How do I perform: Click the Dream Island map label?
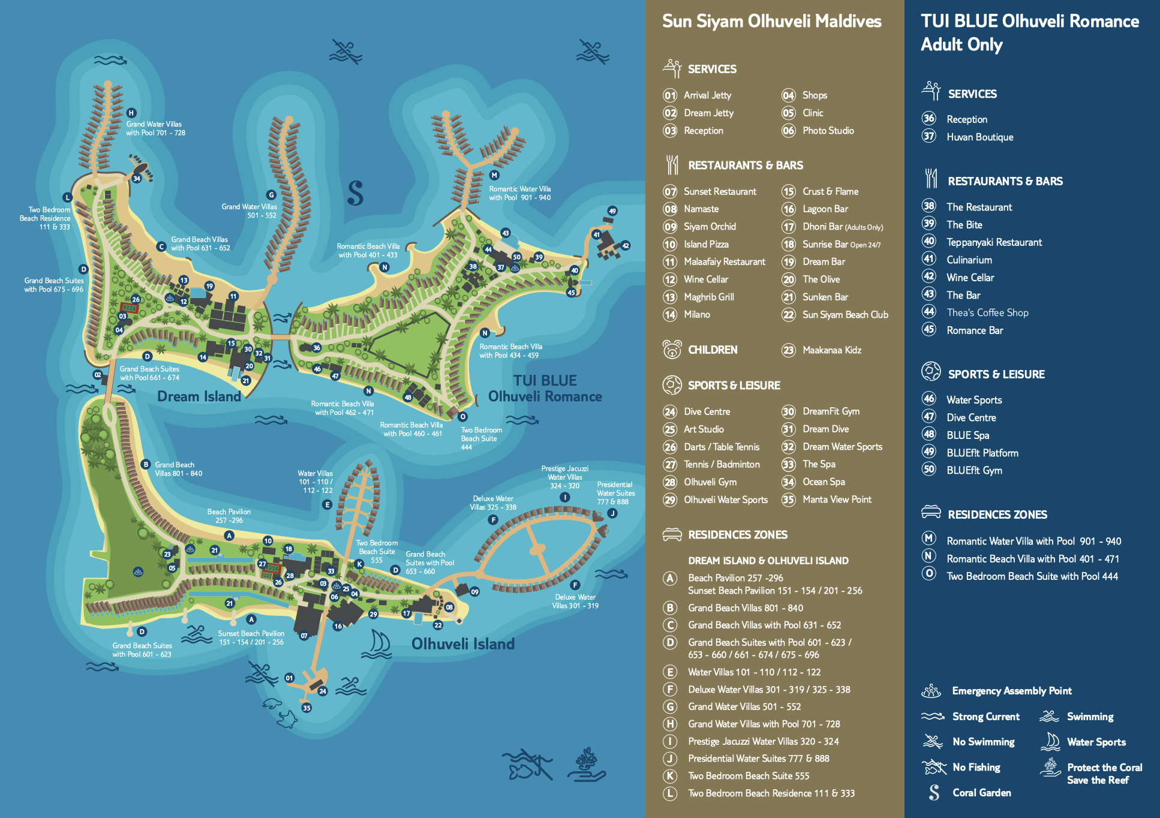(x=199, y=396)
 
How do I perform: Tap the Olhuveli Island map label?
(x=462, y=644)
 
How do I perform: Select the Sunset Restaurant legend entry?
(x=720, y=191)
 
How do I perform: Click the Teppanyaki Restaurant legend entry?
(x=994, y=242)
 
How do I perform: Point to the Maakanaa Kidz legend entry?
(x=831, y=350)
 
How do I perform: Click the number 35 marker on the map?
(x=306, y=708)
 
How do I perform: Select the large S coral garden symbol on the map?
(x=355, y=193)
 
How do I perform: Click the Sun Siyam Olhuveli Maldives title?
(x=771, y=22)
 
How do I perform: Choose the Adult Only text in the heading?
(x=961, y=45)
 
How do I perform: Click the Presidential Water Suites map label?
(x=615, y=493)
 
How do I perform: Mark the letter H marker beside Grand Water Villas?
(x=131, y=113)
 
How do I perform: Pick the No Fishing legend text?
(x=976, y=767)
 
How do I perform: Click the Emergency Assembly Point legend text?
(x=1011, y=691)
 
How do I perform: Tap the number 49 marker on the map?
(x=612, y=211)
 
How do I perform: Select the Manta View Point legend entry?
(x=837, y=500)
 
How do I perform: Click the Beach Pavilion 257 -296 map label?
(x=229, y=516)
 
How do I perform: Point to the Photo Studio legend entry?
(x=828, y=131)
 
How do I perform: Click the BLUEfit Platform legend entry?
(x=982, y=453)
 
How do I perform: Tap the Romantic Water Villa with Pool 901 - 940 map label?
(x=519, y=193)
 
